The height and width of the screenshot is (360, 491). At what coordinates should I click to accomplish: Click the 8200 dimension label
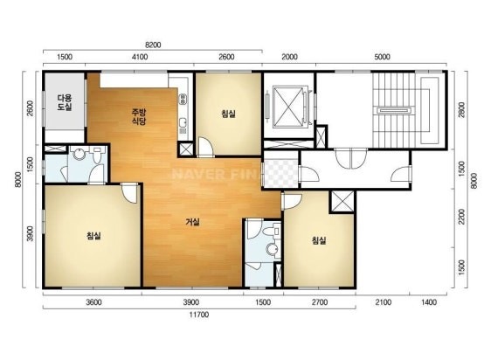(x=153, y=45)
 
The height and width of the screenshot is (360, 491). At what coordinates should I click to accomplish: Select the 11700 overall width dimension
(x=199, y=315)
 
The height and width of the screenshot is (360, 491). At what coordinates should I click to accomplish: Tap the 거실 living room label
(x=192, y=222)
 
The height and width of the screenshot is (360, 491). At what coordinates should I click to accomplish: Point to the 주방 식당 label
(x=139, y=116)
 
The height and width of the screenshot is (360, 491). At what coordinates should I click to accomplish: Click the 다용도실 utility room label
(x=65, y=102)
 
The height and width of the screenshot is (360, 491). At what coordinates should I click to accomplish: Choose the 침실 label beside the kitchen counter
(x=228, y=114)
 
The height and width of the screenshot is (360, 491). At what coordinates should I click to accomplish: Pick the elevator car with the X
(x=288, y=107)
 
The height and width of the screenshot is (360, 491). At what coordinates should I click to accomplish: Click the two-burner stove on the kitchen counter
(x=183, y=99)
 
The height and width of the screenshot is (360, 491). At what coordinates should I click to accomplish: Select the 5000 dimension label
(x=383, y=57)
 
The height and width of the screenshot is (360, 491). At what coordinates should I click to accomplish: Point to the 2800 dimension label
(x=462, y=108)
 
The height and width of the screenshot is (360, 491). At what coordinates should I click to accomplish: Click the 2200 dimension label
(x=462, y=217)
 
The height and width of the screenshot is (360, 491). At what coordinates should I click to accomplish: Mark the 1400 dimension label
(x=429, y=302)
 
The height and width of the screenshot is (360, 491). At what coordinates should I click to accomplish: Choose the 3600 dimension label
(x=94, y=302)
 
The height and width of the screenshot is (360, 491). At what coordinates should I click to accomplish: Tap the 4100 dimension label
(x=140, y=57)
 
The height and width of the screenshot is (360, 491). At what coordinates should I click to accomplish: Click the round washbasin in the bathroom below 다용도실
(x=79, y=154)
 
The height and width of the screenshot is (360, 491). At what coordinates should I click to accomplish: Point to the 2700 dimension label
(x=320, y=302)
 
